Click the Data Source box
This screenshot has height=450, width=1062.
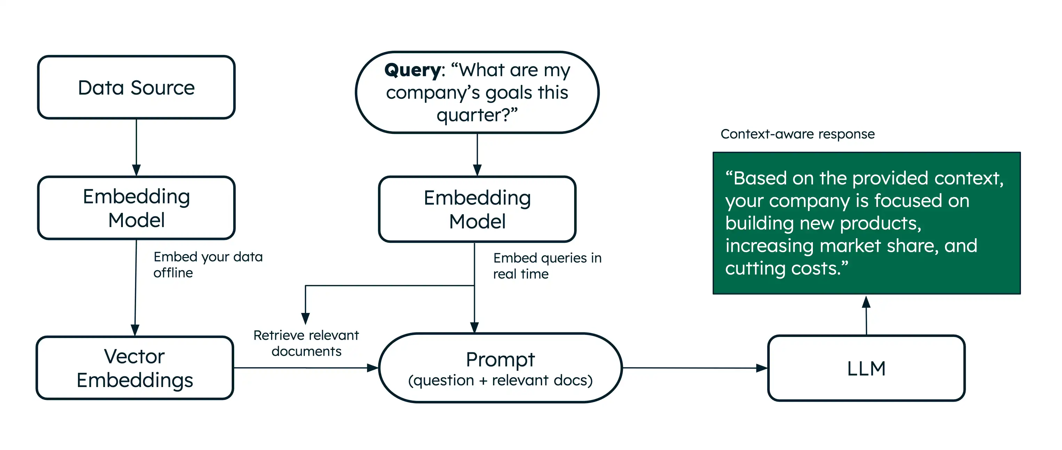(x=136, y=87)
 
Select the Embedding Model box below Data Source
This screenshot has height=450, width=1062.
(x=136, y=208)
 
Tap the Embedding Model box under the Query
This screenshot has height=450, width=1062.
(x=477, y=209)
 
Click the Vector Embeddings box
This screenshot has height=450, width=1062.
(x=135, y=368)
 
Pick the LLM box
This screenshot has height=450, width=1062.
(x=866, y=368)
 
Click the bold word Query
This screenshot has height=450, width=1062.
(x=413, y=70)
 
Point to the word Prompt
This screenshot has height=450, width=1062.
(x=500, y=359)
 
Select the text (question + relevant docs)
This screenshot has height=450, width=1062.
(x=500, y=380)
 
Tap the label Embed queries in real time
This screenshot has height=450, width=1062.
(x=547, y=266)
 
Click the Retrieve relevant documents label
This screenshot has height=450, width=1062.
(x=306, y=343)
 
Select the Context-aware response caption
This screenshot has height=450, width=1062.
(x=797, y=134)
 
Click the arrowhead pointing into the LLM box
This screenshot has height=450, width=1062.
(x=761, y=368)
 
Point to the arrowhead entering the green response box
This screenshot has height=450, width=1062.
(x=866, y=302)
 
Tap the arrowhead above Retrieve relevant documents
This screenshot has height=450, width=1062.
(x=306, y=318)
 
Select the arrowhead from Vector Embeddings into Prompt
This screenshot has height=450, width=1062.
(x=372, y=368)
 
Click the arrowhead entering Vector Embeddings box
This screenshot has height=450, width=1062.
(x=135, y=330)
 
